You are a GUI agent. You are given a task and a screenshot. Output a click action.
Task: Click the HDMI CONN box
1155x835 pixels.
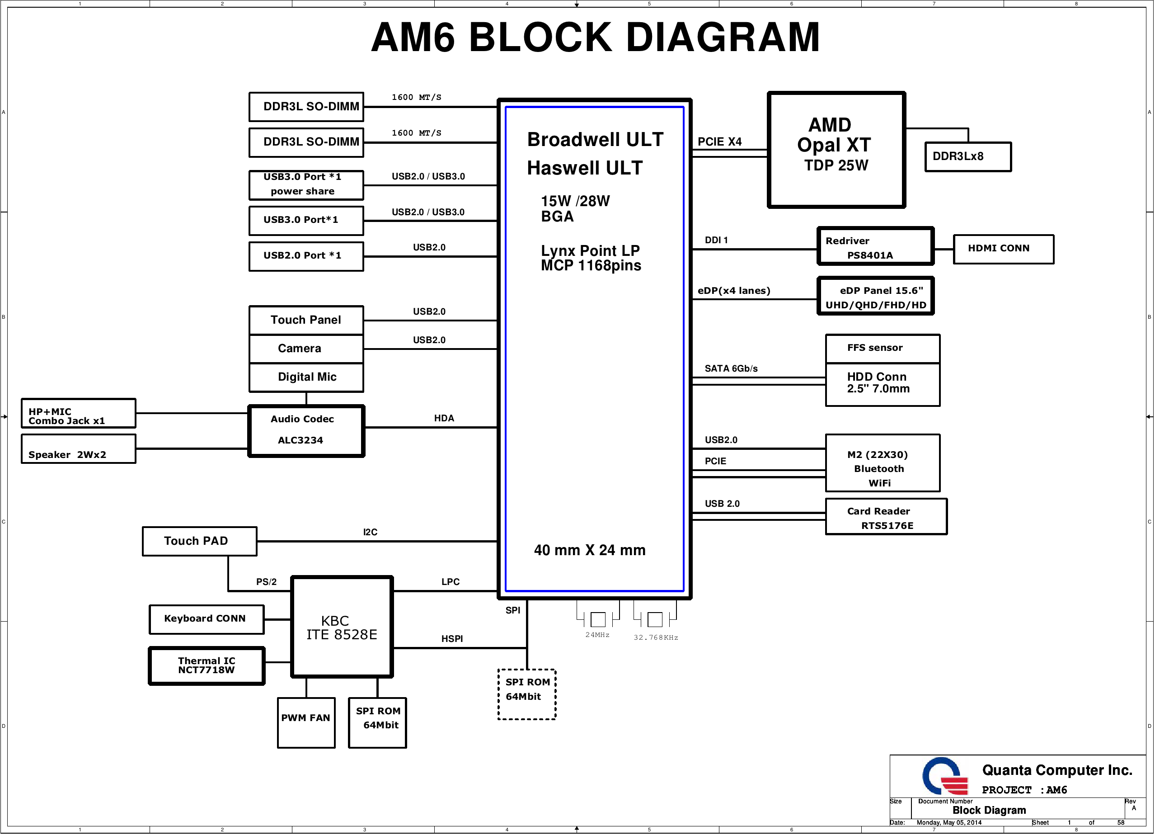1003,249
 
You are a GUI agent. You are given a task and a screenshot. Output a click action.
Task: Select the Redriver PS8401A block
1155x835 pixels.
875,246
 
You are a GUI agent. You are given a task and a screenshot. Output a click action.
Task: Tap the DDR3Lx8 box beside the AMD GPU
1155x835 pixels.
967,156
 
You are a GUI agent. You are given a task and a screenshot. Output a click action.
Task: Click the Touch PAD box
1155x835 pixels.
199,541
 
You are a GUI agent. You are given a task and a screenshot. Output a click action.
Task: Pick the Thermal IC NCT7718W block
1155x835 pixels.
207,666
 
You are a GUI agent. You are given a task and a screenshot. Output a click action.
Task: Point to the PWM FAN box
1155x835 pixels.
306,722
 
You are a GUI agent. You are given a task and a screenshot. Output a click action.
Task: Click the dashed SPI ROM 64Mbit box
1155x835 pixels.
526,694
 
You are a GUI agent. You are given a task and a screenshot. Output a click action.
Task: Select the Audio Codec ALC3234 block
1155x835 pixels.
306,430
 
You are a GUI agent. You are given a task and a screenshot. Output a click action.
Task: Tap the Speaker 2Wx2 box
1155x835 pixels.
79,449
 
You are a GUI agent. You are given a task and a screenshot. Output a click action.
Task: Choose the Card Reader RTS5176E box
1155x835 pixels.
886,517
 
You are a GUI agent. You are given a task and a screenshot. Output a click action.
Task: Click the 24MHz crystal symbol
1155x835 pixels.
598,619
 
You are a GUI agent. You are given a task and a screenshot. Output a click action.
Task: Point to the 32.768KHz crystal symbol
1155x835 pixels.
655,619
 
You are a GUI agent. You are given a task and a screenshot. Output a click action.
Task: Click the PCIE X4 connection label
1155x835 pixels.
719,142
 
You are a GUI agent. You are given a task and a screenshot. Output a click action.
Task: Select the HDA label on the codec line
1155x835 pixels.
444,418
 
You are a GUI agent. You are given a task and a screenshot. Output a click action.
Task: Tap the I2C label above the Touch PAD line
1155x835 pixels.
370,532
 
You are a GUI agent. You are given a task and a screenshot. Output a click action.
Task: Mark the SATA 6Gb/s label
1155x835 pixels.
731,368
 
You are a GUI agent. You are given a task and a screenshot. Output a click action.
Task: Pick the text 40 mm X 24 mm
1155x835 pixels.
589,550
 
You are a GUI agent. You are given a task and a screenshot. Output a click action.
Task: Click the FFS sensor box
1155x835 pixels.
882,349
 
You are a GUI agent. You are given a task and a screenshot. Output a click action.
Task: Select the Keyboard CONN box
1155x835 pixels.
206,619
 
